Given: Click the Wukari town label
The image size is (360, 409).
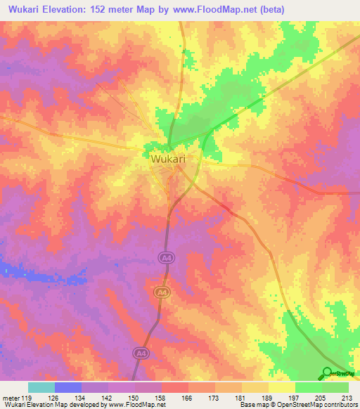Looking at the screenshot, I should pyautogui.click(x=168, y=160).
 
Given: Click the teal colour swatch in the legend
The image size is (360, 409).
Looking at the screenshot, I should pyautogui.click(x=41, y=387).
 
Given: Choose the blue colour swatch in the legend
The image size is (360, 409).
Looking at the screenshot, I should pyautogui.click(x=68, y=387).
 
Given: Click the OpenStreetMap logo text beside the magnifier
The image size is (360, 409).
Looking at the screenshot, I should pyautogui.click(x=344, y=374).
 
